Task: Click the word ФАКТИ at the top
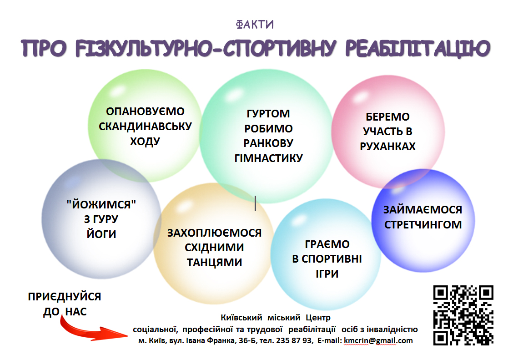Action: coord(255,24)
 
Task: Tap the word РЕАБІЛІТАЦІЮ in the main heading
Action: coord(417,49)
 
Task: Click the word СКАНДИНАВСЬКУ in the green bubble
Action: coord(145,126)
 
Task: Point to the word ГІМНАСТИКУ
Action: coord(269,158)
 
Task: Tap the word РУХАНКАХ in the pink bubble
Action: coord(387,146)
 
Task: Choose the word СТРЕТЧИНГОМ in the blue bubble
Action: coord(423,224)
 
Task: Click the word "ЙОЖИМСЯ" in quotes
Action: coord(101,204)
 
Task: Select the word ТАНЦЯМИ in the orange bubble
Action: coord(214,262)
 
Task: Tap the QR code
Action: coord(463,315)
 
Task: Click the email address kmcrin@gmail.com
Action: coord(378,340)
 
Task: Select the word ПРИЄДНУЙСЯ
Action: coord(65,296)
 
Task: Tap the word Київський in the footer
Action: coord(241,317)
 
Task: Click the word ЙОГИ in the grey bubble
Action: coord(101,234)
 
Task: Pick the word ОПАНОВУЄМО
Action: coord(145,111)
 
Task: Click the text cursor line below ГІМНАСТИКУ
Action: coord(255,203)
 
